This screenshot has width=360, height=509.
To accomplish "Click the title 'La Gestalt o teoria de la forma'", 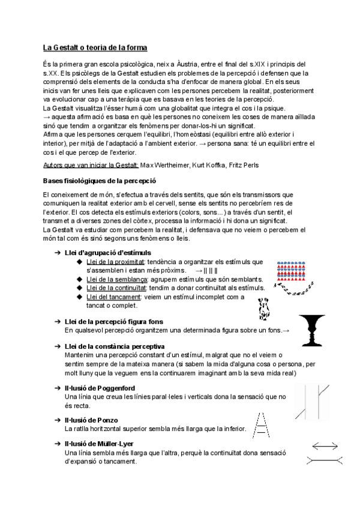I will tap(95, 47).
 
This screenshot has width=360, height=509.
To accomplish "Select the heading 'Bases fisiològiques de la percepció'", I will tap(100, 181).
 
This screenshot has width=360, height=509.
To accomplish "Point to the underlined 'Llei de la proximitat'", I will tap(115, 262).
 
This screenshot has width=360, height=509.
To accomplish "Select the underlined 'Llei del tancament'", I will tap(113, 297).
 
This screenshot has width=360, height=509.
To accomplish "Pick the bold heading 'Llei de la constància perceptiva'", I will tap(114, 347).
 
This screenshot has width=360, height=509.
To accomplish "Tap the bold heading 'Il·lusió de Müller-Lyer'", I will tap(100, 444).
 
